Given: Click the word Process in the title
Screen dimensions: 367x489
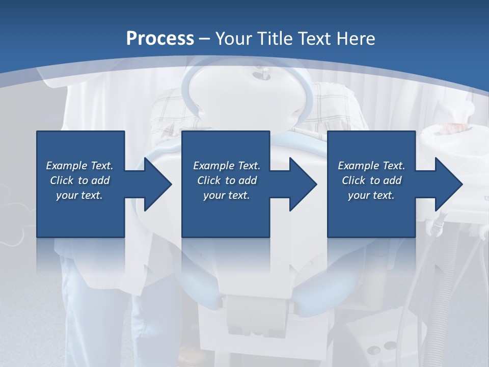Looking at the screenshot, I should tap(160, 38).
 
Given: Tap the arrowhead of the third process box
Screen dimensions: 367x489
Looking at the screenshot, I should tap(448, 184).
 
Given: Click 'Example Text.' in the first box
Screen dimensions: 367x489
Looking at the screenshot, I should tap(79, 166).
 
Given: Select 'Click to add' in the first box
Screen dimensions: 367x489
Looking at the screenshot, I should tap(79, 180).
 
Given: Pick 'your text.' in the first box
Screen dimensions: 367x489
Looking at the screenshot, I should tap(79, 195).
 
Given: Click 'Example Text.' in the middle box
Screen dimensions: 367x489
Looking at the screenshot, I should tap(227, 166).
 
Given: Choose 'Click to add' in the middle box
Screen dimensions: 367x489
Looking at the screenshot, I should tap(227, 180).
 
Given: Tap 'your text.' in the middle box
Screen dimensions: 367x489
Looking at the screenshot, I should tap(227, 195).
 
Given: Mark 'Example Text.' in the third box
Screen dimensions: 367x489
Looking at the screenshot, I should tap(371, 166).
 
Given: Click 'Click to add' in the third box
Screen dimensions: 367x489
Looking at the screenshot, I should tap(371, 180).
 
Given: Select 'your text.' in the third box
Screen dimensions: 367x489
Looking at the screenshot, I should tap(371, 195).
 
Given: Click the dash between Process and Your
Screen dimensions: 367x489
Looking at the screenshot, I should tap(205, 39).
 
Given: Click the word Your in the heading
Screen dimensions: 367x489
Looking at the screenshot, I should tap(232, 38).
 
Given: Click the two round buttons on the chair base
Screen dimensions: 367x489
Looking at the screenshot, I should tap(382, 347).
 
